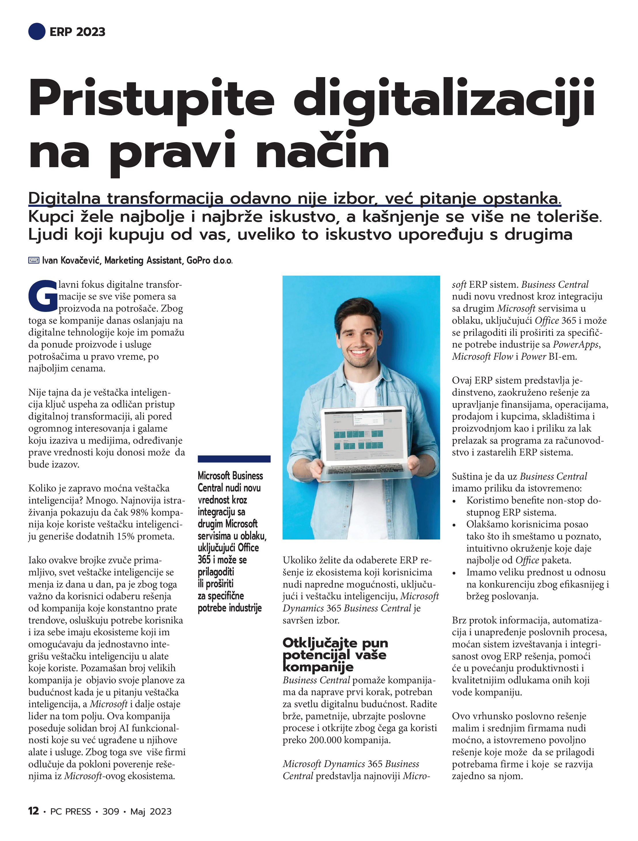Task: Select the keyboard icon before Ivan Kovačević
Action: [x=34, y=260]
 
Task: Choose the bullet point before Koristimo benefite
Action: [x=454, y=501]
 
